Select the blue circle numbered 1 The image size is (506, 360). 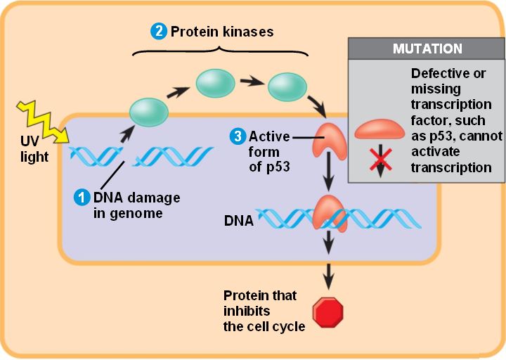click(x=83, y=197)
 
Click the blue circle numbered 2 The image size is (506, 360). click(x=160, y=32)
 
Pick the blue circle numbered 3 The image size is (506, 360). click(x=238, y=136)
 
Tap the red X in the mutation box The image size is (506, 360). click(x=381, y=160)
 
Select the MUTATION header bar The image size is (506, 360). click(x=427, y=49)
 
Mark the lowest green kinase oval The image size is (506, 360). click(x=148, y=112)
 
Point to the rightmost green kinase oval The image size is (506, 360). click(x=287, y=86)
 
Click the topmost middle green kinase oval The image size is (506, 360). click(x=215, y=83)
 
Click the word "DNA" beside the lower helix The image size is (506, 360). click(x=238, y=221)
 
